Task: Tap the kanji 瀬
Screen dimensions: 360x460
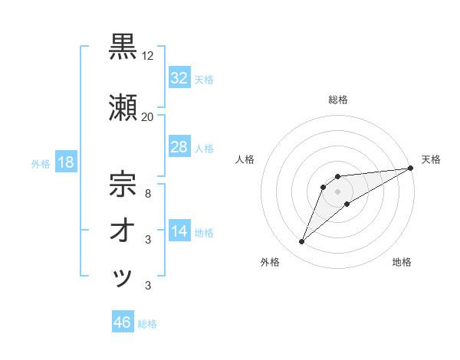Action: click(x=123, y=106)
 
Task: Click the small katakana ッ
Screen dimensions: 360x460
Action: click(x=123, y=277)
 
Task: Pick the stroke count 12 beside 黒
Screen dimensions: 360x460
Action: click(x=148, y=56)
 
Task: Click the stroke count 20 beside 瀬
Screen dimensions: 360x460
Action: click(x=147, y=116)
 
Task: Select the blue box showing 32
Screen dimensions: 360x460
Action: click(x=179, y=77)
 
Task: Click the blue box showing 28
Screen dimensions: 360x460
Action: click(x=179, y=147)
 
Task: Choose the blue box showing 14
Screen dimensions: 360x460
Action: click(x=179, y=231)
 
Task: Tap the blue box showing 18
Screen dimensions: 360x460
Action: click(x=65, y=162)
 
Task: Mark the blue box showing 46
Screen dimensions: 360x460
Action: click(x=122, y=322)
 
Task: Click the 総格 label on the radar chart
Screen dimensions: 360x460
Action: click(x=337, y=100)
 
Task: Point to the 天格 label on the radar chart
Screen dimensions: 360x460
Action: click(x=431, y=159)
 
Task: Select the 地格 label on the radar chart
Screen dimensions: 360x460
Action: click(x=402, y=262)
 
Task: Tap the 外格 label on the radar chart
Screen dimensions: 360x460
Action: click(x=270, y=262)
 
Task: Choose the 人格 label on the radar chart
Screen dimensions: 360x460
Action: click(x=245, y=159)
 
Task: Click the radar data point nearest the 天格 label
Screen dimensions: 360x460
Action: click(x=411, y=168)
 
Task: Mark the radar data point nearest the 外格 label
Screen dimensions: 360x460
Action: click(x=302, y=242)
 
